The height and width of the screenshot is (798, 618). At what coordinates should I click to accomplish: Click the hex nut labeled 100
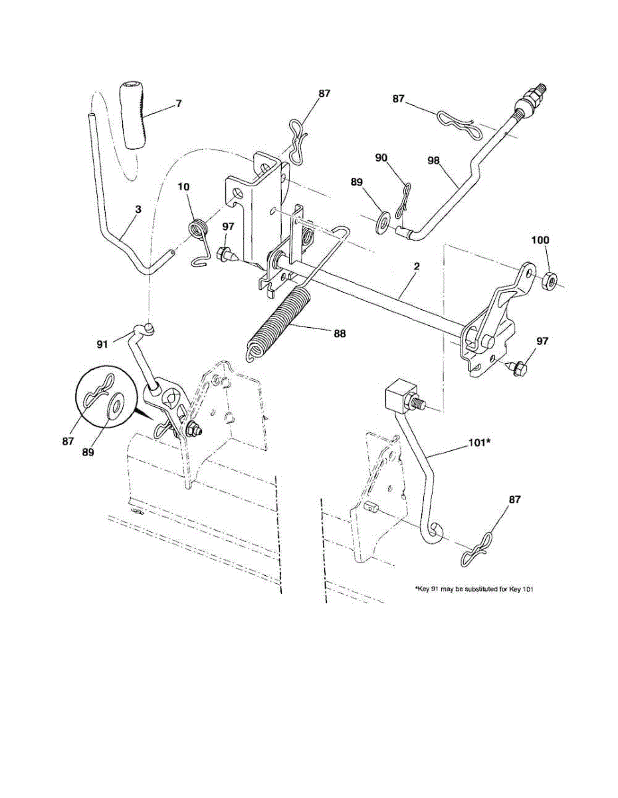pos(551,279)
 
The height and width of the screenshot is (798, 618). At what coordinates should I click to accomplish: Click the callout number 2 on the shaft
pos(416,267)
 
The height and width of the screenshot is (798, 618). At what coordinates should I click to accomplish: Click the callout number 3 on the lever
pos(138,210)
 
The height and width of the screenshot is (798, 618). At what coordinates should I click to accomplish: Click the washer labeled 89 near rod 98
pos(383,219)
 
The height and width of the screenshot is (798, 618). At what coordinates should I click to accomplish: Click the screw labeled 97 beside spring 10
pos(224,253)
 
